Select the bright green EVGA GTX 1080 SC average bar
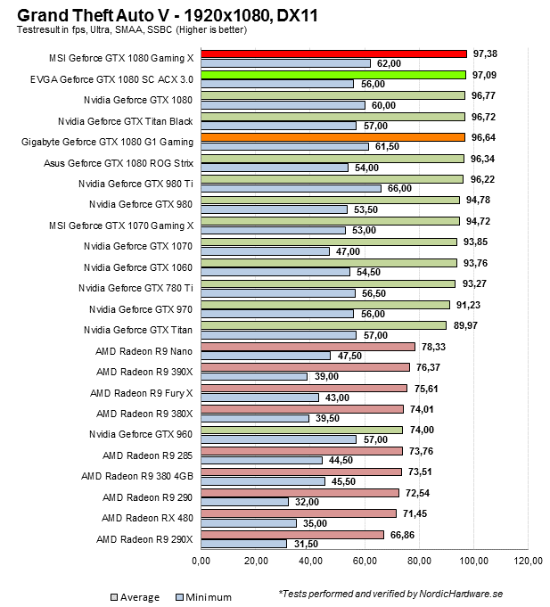333,74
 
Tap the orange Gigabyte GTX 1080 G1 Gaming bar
332,136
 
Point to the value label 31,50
306,543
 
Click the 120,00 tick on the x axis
528,562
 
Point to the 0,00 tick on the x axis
201,562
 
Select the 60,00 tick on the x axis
365,562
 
